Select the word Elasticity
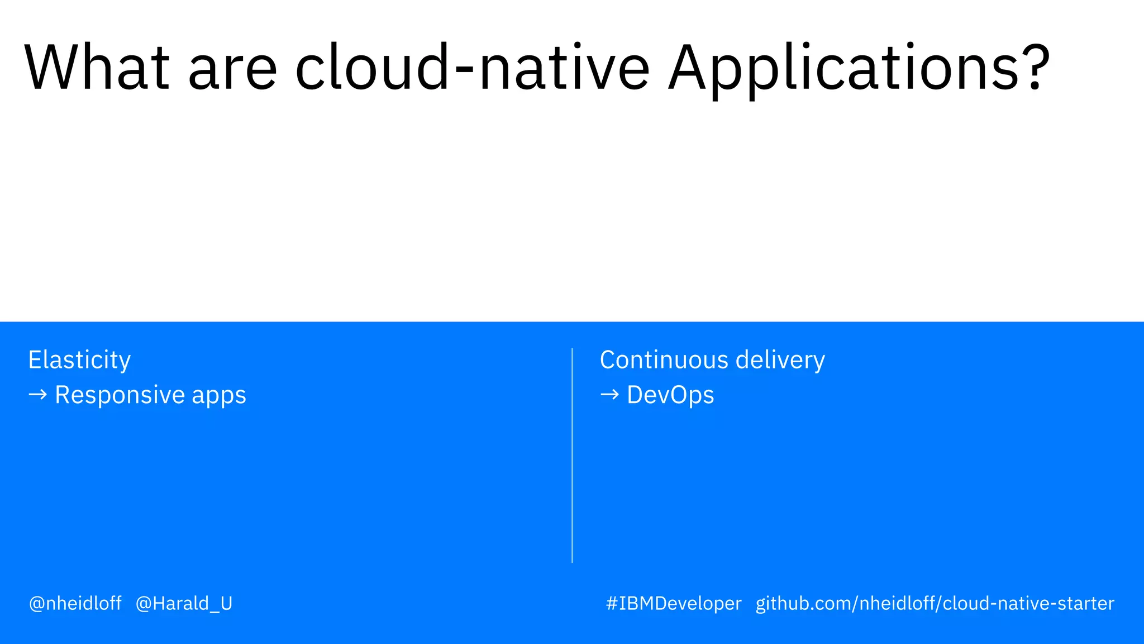coord(79,360)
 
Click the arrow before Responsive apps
coord(37,395)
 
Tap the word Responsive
coord(120,395)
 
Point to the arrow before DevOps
coord(609,395)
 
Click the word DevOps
coord(670,395)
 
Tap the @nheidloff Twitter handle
coord(75,604)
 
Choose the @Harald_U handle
coord(184,604)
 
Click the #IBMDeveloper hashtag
coord(674,604)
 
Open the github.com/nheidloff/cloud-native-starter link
coord(935,604)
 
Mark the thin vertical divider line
coord(572,455)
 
